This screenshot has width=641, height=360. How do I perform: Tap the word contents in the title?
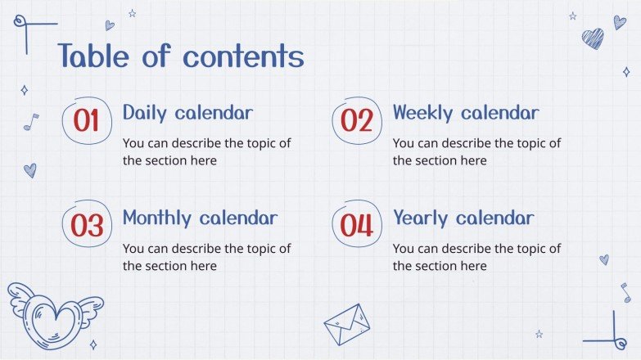point(243,56)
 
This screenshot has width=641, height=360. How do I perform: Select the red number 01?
point(86,120)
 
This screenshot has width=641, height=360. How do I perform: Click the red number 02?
point(356,120)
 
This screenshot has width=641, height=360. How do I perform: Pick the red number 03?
point(87,226)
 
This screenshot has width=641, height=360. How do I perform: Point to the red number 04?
point(356,226)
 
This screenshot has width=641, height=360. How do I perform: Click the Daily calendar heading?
point(187,113)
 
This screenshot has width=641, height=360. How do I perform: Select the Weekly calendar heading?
point(466,113)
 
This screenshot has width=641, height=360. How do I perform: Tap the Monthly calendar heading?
point(200,218)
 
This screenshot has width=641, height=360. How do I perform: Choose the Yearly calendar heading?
point(463,218)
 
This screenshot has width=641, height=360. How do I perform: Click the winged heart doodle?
point(55,316)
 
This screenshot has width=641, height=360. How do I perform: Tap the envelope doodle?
point(347,325)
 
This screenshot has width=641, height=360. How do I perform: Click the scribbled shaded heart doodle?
point(593,38)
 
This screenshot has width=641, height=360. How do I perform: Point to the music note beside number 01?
point(31,122)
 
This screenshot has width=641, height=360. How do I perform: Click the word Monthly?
point(157,218)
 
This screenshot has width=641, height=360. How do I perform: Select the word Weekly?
point(422,113)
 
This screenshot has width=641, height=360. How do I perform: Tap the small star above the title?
point(132,13)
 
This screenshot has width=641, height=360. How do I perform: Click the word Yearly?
point(420,218)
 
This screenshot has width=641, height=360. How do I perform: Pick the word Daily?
point(145,113)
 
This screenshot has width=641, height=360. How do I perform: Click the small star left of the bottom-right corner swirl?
point(539,335)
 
